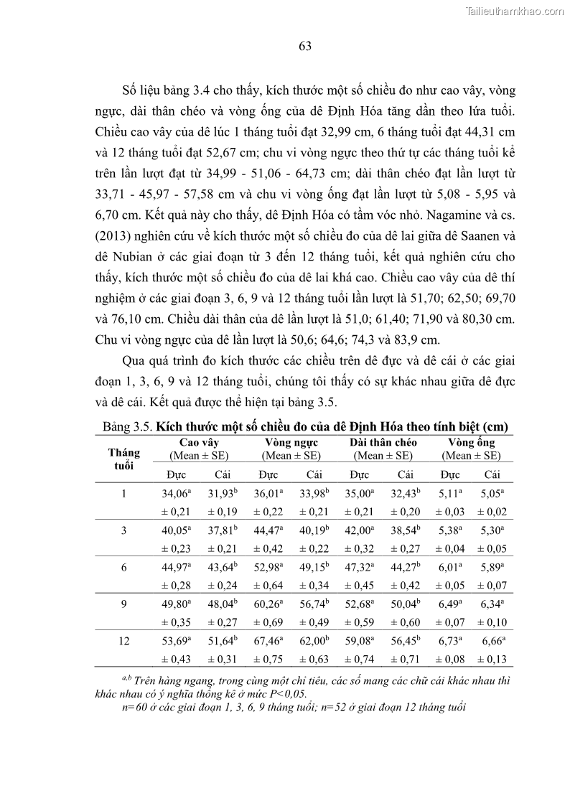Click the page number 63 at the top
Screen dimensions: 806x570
click(304, 47)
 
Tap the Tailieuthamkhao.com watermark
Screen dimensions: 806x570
click(515, 11)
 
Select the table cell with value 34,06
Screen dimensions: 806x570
click(173, 494)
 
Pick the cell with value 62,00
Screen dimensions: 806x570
click(314, 642)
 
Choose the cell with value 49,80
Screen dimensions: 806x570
click(173, 605)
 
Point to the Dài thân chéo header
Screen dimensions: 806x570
click(383, 442)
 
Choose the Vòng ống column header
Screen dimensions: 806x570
click(471, 442)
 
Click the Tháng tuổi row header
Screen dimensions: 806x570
click(123, 458)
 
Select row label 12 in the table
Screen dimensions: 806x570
click(123, 642)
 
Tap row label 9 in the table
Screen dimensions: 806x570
click(123, 605)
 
